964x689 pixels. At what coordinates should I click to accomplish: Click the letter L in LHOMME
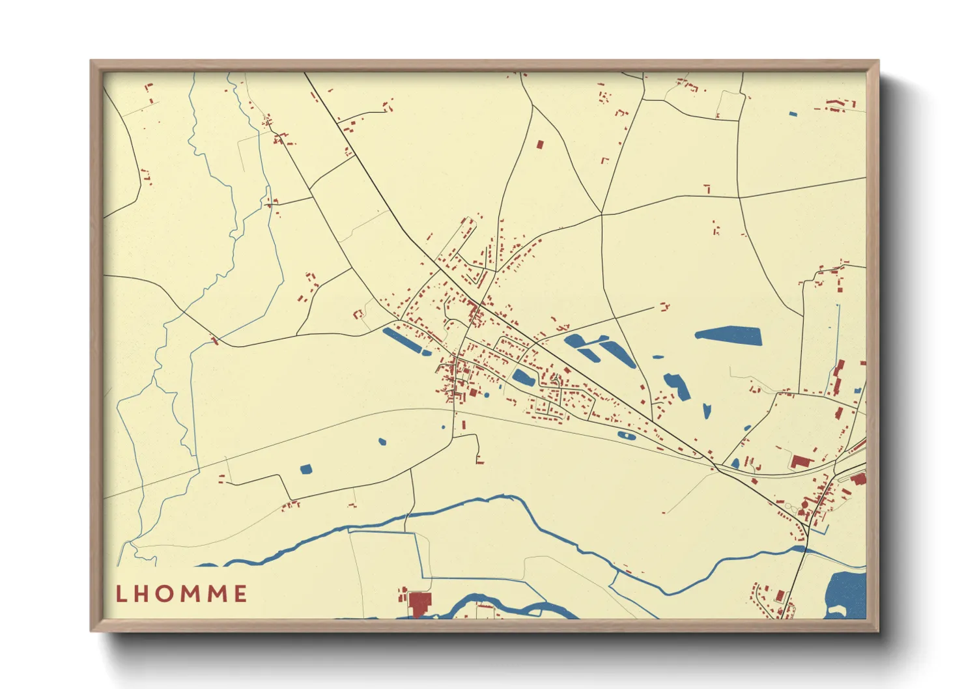point(120,594)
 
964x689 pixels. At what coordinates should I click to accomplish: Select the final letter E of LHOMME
point(240,594)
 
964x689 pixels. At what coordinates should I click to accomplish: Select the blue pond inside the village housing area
point(523,377)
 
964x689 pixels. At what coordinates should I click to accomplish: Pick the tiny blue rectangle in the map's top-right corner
point(793,114)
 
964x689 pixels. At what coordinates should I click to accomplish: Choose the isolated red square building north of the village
point(539,145)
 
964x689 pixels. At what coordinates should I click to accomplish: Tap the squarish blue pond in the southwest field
point(305,468)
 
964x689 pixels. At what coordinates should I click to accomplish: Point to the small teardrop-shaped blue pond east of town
point(707,410)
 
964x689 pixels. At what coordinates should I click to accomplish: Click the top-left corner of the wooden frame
point(91,61)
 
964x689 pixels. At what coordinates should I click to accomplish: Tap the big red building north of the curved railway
point(801,462)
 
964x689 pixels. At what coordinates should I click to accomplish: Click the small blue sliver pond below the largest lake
point(659,357)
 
